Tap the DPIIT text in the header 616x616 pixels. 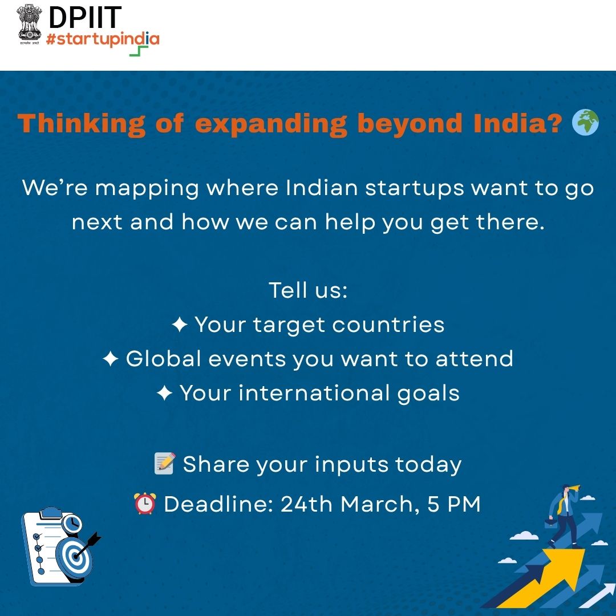coord(84,18)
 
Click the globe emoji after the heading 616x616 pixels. coord(586,123)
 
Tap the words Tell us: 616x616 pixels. coord(308,290)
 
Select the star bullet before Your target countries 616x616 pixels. coord(179,325)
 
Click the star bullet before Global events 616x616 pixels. coord(110,359)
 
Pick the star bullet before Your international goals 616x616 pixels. coord(164,394)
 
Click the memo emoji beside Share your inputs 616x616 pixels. coord(164,464)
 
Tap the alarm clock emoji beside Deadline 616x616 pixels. coord(145,504)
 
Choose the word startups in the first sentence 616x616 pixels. coord(414,188)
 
